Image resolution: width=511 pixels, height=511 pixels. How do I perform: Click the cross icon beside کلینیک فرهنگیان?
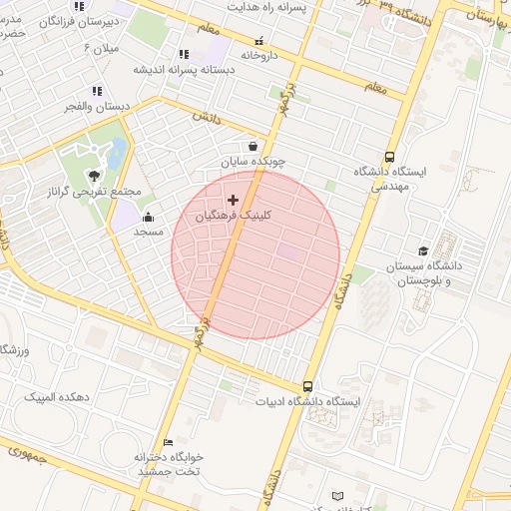click(234, 200)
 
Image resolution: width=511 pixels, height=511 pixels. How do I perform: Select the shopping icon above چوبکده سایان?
click(254, 146)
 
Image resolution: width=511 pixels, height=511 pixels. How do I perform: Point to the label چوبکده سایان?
click(254, 160)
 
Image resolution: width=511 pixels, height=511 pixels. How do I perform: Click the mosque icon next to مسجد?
click(148, 218)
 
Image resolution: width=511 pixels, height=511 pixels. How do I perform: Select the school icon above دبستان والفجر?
click(96, 92)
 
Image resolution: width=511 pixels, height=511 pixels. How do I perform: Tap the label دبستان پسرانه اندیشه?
click(183, 70)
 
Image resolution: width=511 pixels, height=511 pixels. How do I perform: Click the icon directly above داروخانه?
click(260, 42)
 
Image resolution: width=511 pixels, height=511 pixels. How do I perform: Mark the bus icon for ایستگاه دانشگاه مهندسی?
click(388, 157)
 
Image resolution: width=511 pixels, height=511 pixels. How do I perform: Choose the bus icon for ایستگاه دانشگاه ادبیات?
click(307, 386)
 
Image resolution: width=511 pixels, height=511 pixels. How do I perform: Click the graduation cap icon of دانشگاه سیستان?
click(423, 252)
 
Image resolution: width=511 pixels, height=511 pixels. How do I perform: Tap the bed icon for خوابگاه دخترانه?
click(168, 441)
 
